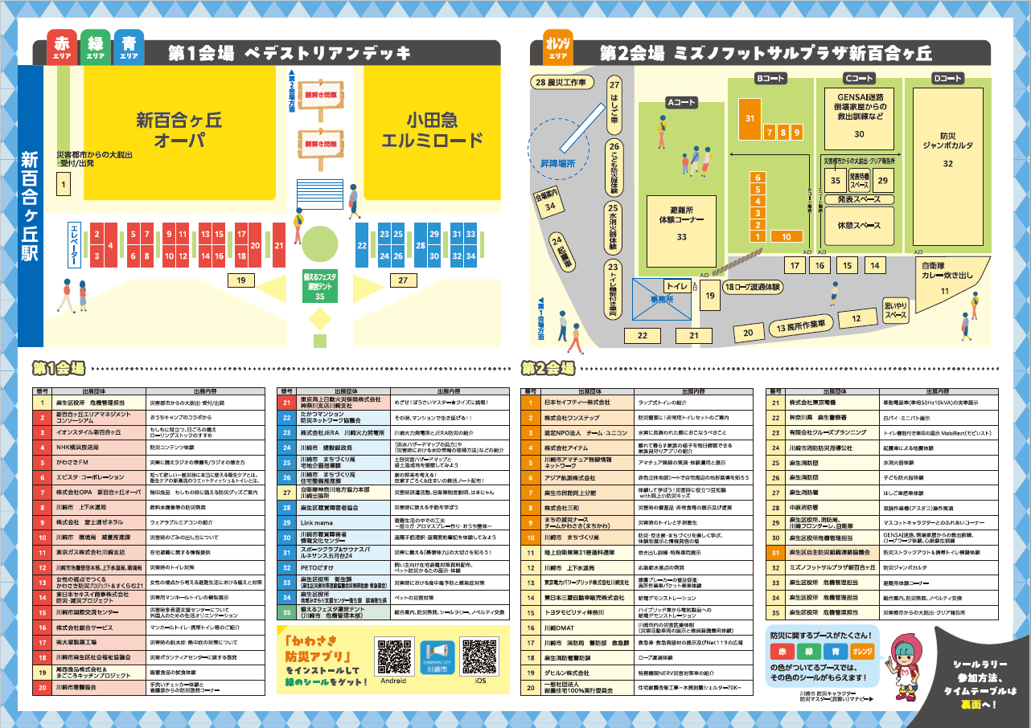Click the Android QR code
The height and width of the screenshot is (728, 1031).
click(392, 658)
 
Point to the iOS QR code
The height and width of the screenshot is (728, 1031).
click(481, 658)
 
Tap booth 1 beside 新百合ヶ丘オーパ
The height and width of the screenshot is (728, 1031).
click(61, 185)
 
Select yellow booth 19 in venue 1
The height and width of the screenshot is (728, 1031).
click(240, 280)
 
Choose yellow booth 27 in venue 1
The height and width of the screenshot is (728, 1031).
click(402, 280)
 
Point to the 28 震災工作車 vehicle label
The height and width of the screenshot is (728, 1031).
click(565, 83)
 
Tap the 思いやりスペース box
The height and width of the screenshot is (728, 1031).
click(895, 311)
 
